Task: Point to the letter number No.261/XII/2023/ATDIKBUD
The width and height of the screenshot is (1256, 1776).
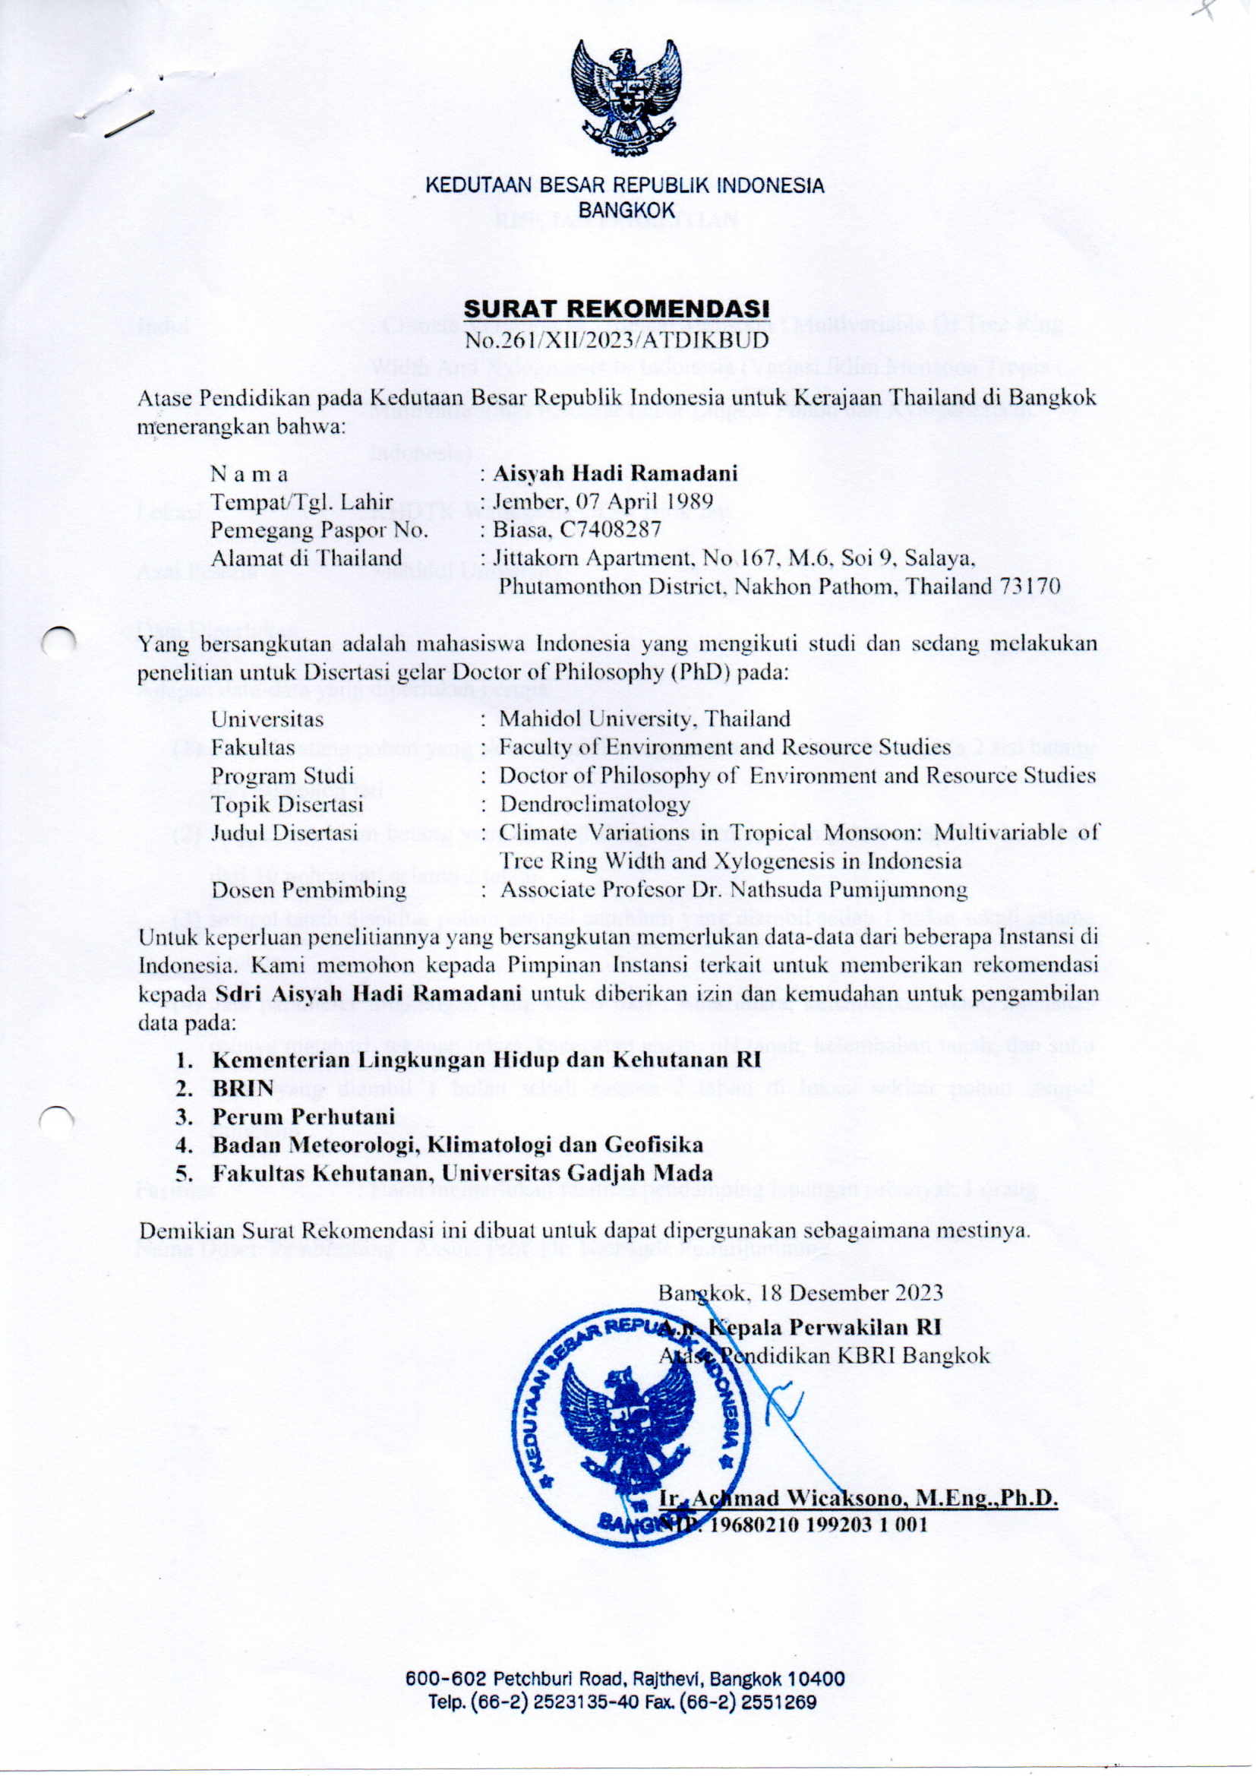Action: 617,340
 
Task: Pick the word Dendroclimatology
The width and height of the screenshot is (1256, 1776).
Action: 594,804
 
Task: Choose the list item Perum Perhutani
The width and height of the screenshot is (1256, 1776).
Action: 304,1116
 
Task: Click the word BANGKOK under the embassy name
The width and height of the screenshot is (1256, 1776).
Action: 626,209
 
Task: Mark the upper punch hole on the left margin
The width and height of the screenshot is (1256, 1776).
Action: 58,643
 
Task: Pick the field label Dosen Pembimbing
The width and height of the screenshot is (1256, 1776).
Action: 309,890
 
